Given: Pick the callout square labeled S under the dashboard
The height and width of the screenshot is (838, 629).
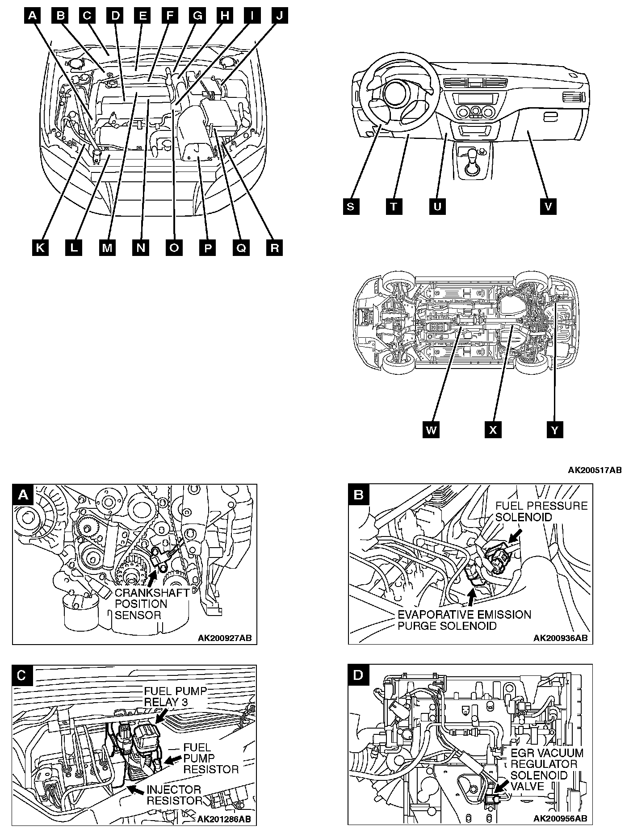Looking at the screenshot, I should (351, 206).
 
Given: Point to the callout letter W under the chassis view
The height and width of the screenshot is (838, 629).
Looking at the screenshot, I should (432, 430).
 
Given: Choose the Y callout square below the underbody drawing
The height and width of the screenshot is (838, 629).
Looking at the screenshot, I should (555, 430).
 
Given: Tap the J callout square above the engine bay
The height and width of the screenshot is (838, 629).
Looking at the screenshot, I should (280, 16).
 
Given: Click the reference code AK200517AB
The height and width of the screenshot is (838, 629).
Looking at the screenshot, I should (595, 470).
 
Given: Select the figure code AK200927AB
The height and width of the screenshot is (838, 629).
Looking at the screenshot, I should (225, 638).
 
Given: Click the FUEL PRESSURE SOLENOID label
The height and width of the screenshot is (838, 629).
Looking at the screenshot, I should (541, 511).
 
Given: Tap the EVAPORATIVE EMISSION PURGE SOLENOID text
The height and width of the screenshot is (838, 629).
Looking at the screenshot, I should (465, 620).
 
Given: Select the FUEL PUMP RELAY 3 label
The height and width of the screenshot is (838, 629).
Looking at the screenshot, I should (175, 696).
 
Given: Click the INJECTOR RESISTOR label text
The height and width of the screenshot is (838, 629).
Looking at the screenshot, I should (174, 795).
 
